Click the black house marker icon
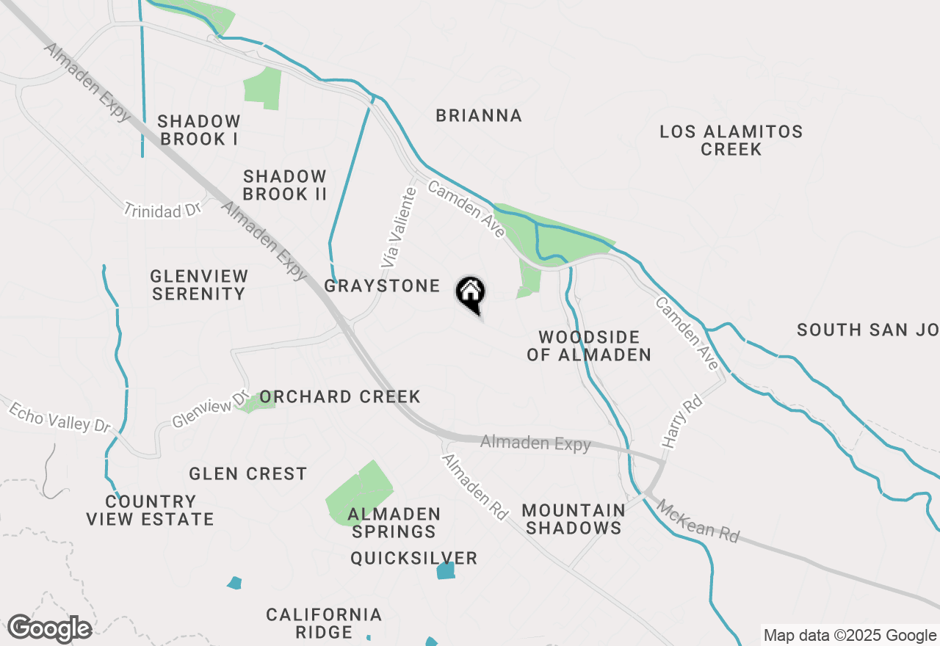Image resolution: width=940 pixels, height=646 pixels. point(471,294)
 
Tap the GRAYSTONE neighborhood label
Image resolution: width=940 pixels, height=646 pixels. point(382,286)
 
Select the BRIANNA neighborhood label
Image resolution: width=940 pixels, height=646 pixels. point(479,116)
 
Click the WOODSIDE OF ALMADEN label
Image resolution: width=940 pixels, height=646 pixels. point(589,346)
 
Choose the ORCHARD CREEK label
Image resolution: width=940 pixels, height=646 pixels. point(340,397)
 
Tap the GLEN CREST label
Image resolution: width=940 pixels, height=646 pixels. point(247,473)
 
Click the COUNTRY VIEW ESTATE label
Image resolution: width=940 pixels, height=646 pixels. point(150,510)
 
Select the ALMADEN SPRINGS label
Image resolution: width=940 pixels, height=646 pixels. point(394,522)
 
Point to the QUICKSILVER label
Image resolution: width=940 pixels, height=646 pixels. point(413,559)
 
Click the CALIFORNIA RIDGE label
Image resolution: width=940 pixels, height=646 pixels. point(324,623)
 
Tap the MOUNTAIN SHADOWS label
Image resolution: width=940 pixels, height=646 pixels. point(574,519)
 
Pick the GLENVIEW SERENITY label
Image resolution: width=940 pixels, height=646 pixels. point(199,285)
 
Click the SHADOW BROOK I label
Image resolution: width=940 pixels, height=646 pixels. point(198,129)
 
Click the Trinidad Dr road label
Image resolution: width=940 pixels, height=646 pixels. point(162,210)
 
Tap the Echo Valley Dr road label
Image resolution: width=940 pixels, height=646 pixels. point(59,416)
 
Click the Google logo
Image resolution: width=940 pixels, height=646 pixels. point(49,629)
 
